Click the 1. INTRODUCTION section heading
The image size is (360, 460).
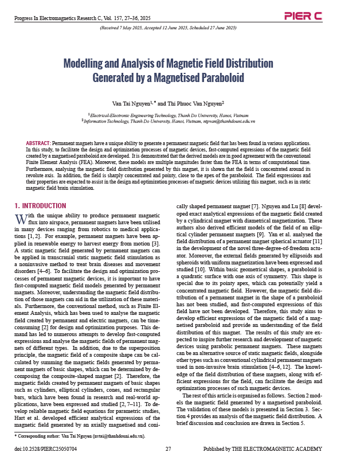pyautogui.click(x=41, y=205)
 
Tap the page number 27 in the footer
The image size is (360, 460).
pyautogui.click(x=168, y=448)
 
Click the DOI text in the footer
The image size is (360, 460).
pyautogui.click(x=45, y=448)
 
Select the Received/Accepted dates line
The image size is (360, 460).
pyautogui.click(x=168, y=28)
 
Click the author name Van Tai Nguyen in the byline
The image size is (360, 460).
pyautogui.click(x=131, y=104)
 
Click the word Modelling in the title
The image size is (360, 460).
pyautogui.click(x=86, y=63)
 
